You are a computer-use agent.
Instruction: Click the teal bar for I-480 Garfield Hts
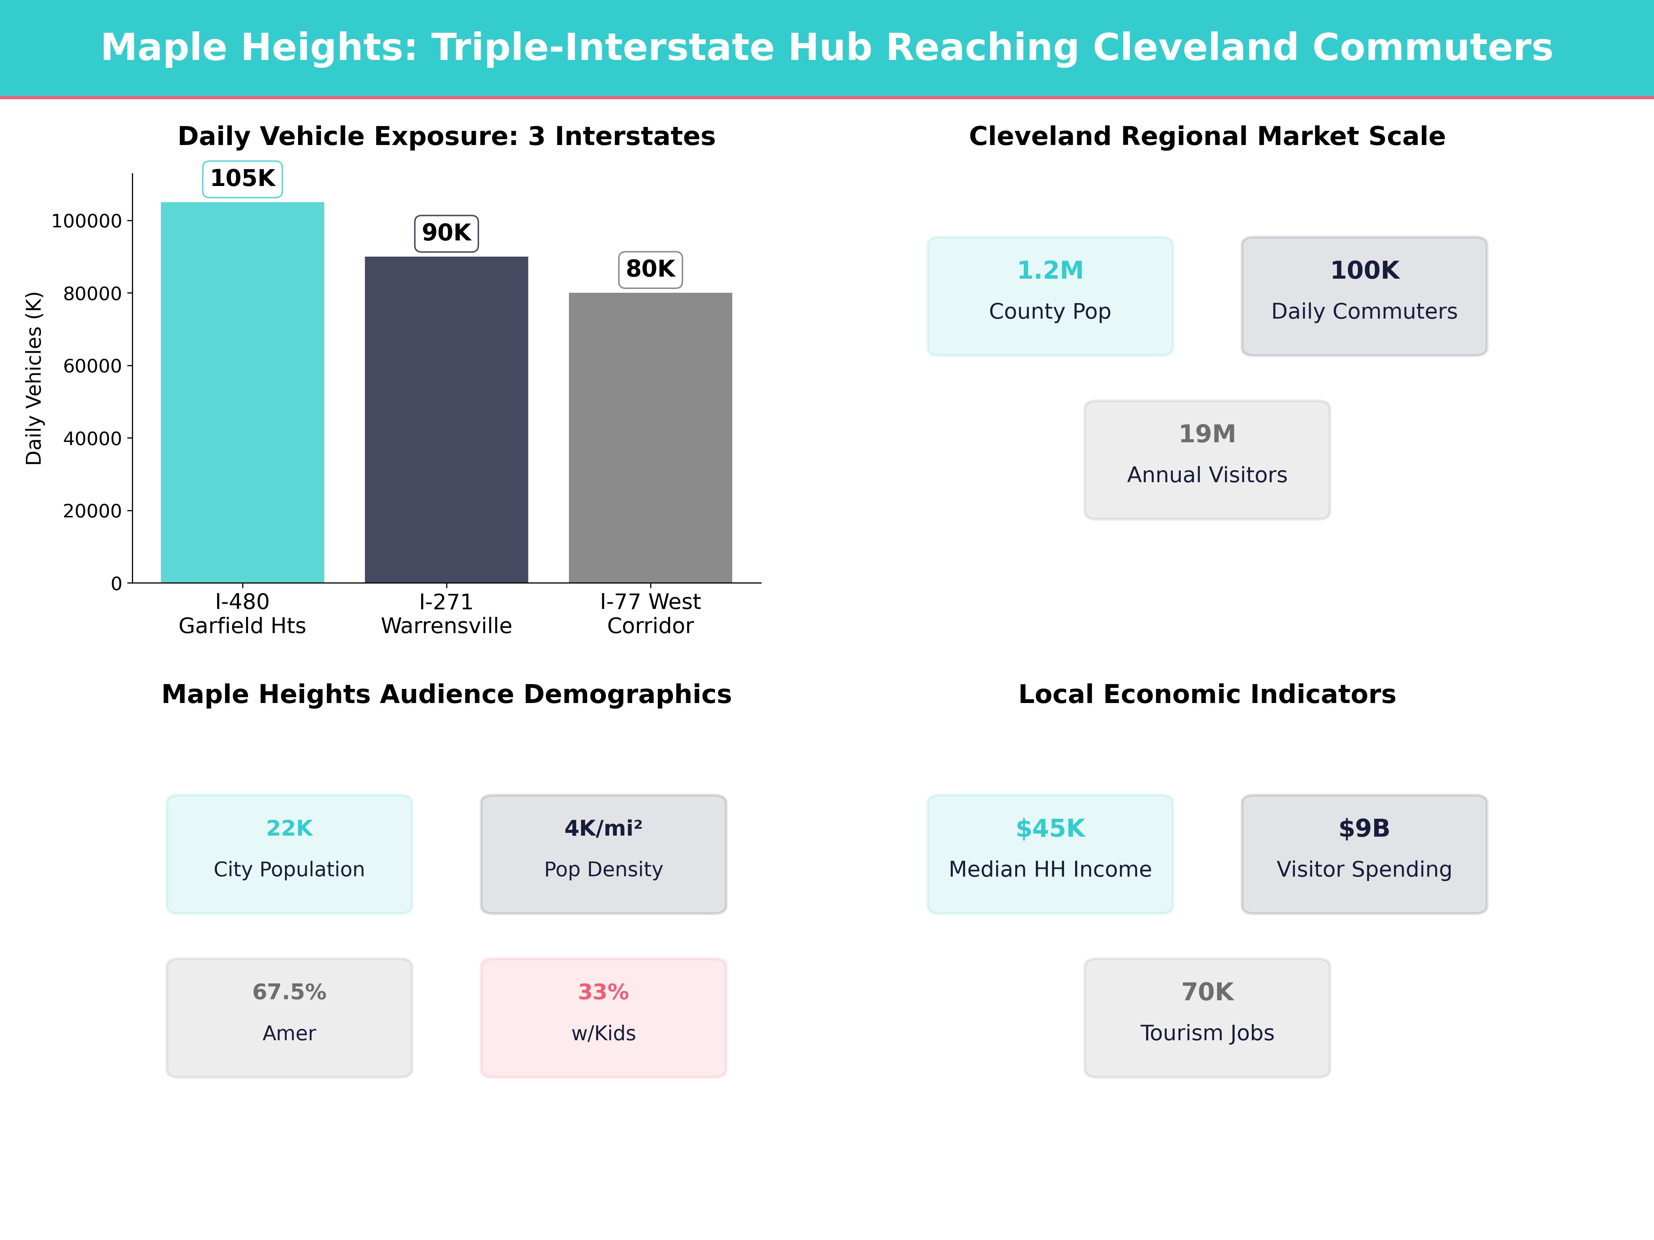[x=242, y=392]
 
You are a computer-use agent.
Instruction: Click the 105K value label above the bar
[x=242, y=179]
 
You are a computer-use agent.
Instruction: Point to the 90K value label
[x=446, y=233]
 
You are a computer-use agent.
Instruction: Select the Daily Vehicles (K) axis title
[x=34, y=378]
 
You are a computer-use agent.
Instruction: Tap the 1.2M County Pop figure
[x=1050, y=271]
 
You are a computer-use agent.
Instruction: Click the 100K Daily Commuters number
[x=1364, y=271]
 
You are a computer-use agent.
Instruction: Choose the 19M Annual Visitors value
[x=1207, y=434]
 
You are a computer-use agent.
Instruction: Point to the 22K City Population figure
[x=289, y=828]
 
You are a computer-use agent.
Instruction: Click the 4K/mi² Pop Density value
[x=603, y=828]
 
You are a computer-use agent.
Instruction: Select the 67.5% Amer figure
[x=289, y=992]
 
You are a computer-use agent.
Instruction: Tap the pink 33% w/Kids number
[x=603, y=992]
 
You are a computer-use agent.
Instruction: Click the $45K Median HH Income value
[x=1050, y=828]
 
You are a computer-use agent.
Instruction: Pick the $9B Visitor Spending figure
[x=1364, y=828]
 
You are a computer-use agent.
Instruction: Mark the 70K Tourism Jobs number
[x=1207, y=992]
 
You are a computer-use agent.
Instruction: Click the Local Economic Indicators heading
[x=1207, y=694]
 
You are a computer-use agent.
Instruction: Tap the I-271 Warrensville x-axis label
[x=446, y=614]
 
